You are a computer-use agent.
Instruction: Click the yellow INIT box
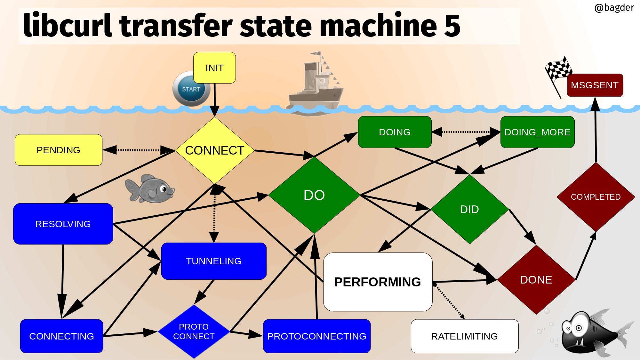214,68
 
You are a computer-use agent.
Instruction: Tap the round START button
191,89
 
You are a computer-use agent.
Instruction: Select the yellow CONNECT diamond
215,150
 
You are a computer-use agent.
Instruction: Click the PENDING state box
59,150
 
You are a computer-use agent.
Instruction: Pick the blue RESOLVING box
63,224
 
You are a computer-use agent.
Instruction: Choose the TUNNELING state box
214,261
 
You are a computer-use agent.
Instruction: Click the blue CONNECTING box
62,336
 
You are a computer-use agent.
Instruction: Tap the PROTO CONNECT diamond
194,332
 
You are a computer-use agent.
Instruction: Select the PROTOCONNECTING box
317,336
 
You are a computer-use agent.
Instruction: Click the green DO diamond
314,195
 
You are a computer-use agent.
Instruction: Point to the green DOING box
395,132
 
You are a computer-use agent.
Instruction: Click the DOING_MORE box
538,132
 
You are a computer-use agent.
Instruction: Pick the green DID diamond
470,209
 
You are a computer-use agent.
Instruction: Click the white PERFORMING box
378,282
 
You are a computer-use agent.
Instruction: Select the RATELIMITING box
465,336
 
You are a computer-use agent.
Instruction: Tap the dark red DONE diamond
536,280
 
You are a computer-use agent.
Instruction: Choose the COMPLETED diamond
596,197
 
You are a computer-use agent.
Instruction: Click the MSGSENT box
595,85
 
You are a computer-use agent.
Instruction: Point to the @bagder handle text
614,8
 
